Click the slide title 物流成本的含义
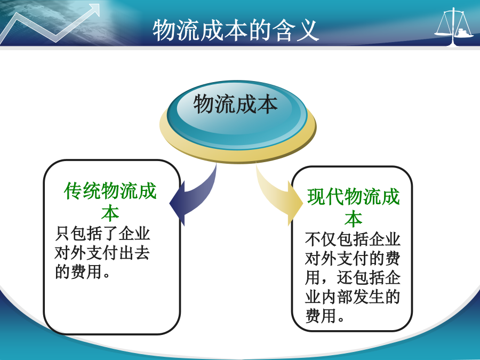click(236, 30)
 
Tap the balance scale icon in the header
click(454, 27)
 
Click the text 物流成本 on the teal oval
click(235, 104)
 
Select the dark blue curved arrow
click(196, 196)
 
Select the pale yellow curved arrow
click(276, 196)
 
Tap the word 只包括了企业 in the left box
click(102, 234)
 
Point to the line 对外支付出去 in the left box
click(102, 253)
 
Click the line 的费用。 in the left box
click(83, 271)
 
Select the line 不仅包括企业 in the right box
click(353, 239)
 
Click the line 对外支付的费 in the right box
click(353, 258)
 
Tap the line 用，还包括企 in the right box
click(353, 277)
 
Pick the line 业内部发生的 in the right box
click(353, 297)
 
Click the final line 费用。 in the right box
click(325, 315)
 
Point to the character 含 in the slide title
click(284, 30)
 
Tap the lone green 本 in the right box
click(354, 219)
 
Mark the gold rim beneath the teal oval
click(237, 154)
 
